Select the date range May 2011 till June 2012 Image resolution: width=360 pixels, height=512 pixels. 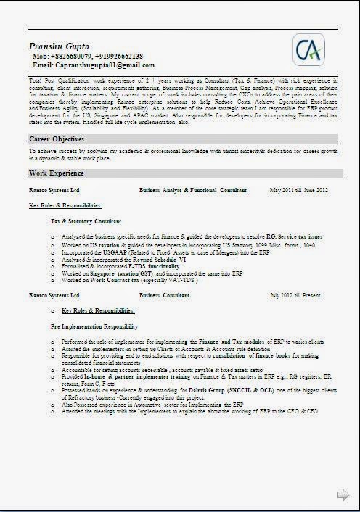299,189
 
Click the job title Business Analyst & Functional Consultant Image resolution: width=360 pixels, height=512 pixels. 193,189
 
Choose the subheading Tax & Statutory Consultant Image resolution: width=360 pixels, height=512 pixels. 86,220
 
